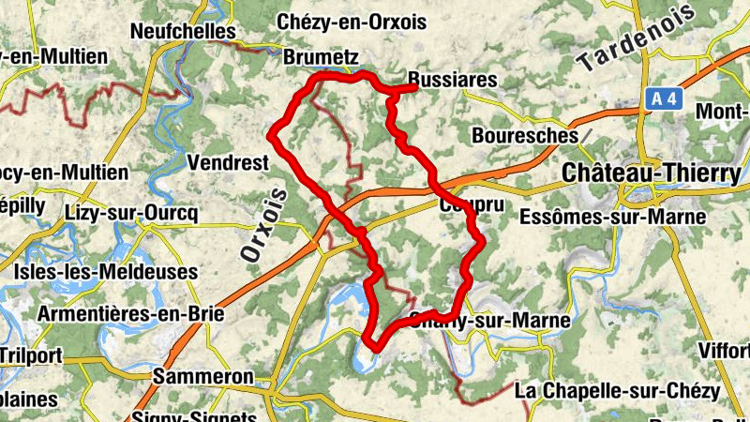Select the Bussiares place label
coord(454,81)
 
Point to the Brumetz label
coord(321,57)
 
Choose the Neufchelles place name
coord(182,31)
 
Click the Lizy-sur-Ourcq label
coord(132,213)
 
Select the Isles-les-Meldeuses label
coord(107,272)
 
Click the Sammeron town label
coord(203,377)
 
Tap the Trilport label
coord(31,355)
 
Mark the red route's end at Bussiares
coord(413,88)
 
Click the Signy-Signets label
coord(195,414)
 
